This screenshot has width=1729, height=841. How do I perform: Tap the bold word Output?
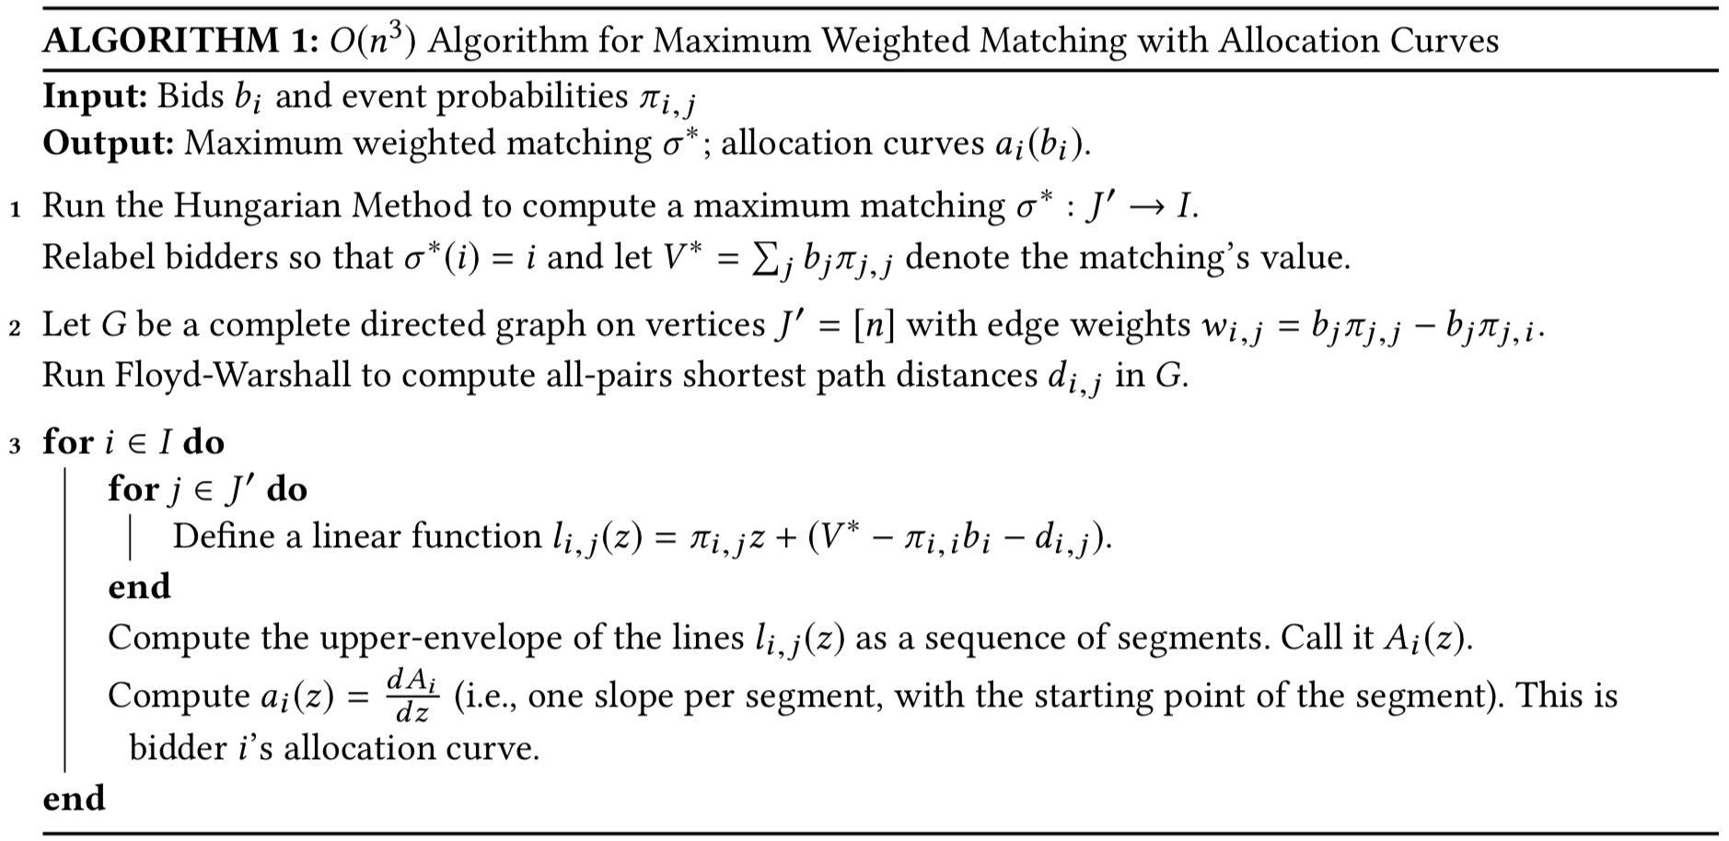pyautogui.click(x=108, y=143)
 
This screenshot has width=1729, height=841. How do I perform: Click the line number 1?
pyautogui.click(x=16, y=209)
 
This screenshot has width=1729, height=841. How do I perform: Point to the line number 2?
pyautogui.click(x=16, y=328)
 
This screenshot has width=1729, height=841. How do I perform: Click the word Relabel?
pyautogui.click(x=99, y=256)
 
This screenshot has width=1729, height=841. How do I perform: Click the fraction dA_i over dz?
pyautogui.click(x=412, y=695)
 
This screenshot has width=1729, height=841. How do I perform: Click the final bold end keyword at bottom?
pyautogui.click(x=74, y=798)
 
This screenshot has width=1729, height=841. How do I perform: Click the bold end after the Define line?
pyautogui.click(x=139, y=586)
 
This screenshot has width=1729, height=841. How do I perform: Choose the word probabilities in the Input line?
pyautogui.click(x=531, y=96)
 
